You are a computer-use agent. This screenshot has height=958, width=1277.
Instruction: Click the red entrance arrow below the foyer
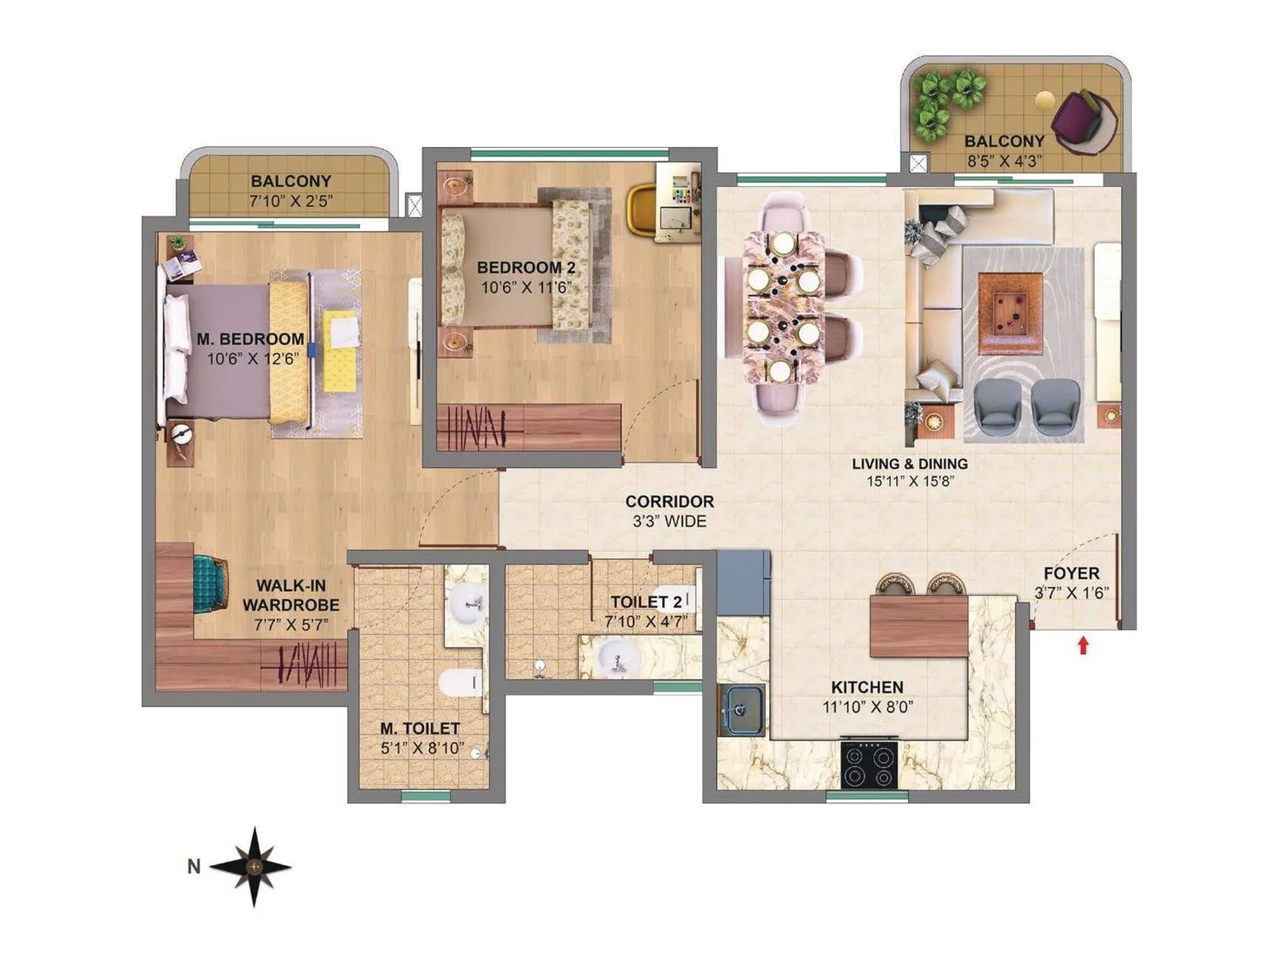[1083, 645]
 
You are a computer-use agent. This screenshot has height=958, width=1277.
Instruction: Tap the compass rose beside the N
[254, 866]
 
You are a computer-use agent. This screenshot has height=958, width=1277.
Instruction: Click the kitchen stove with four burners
[868, 765]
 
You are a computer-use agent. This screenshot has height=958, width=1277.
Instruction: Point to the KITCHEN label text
[867, 687]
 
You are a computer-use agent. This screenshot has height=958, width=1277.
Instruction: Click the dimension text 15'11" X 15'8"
[910, 481]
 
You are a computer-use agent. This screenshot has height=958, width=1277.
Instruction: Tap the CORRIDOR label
[669, 502]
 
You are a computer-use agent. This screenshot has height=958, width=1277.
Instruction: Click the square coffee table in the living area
[1010, 314]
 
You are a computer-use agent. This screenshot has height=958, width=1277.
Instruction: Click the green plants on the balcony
[947, 101]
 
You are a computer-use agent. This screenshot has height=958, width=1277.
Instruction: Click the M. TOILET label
[420, 728]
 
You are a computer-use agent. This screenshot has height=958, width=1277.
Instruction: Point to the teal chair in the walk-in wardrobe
[210, 584]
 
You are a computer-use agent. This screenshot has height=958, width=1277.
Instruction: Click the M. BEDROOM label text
[250, 339]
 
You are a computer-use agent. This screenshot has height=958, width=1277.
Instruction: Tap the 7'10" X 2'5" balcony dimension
[291, 201]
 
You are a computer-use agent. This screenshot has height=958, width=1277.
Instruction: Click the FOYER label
[1071, 573]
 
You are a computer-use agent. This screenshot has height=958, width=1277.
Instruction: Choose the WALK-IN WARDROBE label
[291, 596]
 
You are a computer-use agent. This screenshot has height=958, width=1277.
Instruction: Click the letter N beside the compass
[193, 866]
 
